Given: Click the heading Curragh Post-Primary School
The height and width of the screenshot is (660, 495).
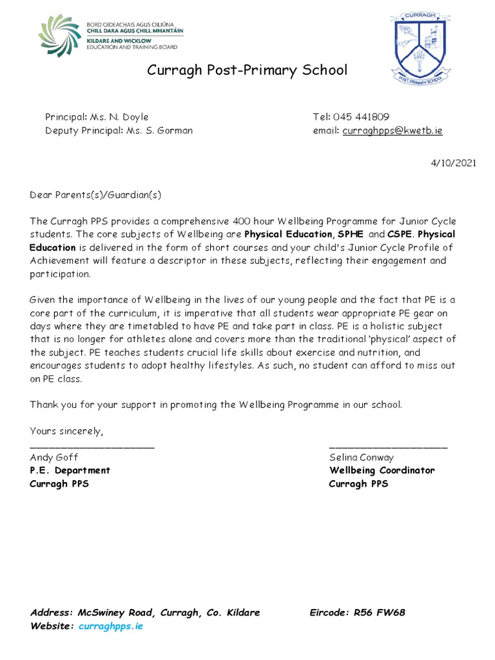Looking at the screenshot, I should point(247,70).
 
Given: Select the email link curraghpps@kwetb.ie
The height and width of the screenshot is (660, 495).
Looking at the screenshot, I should point(393,130).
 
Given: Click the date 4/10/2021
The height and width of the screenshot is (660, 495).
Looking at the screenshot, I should point(454,162).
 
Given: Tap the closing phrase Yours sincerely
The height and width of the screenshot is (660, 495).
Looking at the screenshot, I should point(66,430).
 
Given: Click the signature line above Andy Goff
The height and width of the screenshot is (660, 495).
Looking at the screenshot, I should point(92,446).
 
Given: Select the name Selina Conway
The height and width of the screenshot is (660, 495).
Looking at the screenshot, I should point(362,458).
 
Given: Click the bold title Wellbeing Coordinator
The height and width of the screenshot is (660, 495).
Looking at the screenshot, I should point(382,471).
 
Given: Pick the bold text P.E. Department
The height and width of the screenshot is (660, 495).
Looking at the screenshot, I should point(70,471).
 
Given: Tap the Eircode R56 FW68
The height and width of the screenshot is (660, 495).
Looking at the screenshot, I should point(380,612).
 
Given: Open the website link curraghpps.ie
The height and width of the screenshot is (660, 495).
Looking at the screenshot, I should point(110,626).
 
